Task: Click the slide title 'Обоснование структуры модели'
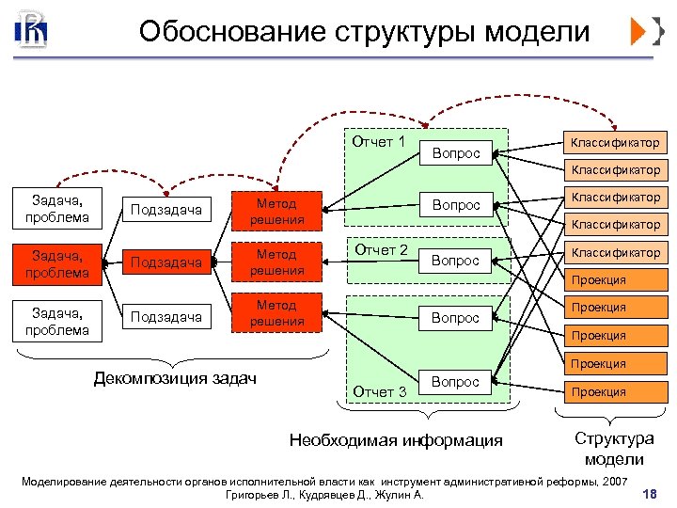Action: point(364,32)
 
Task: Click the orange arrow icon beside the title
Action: point(646,32)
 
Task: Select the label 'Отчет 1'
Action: point(379,142)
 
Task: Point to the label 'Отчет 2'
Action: point(379,250)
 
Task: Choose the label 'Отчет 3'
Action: point(379,391)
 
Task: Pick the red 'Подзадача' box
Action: point(166,262)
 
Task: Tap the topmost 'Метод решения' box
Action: point(276,211)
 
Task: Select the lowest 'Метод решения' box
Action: point(276,313)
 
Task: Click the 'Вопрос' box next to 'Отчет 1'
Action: point(456,152)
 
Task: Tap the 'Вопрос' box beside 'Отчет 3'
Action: point(456,382)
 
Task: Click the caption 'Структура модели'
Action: point(613,449)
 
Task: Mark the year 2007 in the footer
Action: point(612,482)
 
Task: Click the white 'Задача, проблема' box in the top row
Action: point(60,209)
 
